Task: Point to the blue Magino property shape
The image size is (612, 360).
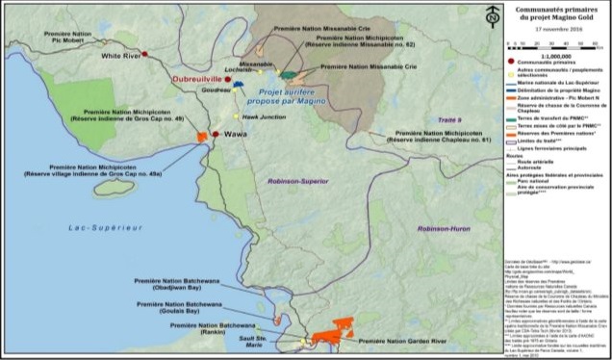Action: coord(237,86)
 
